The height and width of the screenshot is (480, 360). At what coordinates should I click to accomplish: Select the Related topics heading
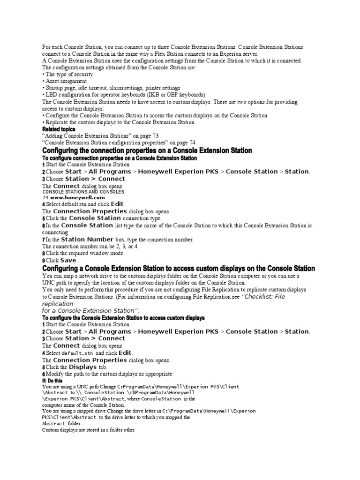point(59,129)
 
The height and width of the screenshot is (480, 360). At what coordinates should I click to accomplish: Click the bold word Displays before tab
point(83,367)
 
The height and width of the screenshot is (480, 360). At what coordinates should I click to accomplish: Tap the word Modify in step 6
point(55,374)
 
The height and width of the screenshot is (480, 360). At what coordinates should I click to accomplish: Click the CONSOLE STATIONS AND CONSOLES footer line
point(83,192)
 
